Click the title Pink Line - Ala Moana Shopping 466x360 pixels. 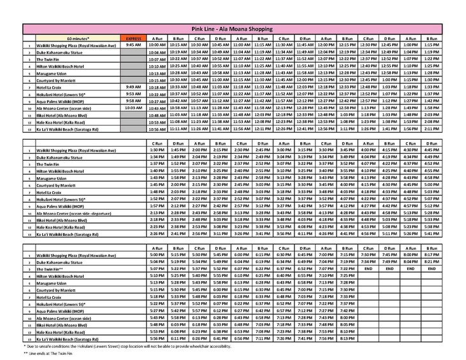233,29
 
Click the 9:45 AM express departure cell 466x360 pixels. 133,45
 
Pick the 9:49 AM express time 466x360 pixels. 133,87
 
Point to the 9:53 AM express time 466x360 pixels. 133,94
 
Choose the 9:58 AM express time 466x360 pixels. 133,101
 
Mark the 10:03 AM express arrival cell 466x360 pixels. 133,108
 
